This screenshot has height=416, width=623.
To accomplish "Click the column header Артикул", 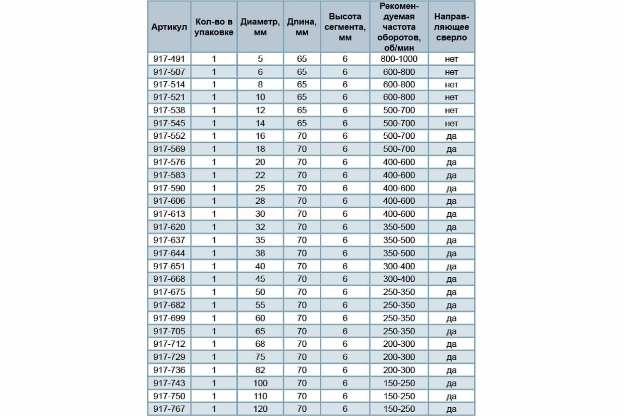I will [169, 27].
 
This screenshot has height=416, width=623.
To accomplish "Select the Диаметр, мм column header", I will [261, 27].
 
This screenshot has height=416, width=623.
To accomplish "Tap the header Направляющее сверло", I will [451, 27].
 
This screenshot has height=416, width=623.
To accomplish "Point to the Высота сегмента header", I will [345, 27].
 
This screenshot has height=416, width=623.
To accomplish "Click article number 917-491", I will [169, 59].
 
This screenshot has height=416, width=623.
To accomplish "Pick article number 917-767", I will [169, 409].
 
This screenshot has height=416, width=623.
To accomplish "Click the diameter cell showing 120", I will [261, 409].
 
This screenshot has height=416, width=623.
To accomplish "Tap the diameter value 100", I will [261, 383].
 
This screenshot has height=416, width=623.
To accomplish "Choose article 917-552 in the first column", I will [169, 136].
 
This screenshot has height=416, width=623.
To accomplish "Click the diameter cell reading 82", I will [261, 370].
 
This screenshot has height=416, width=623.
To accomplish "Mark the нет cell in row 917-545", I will [451, 124].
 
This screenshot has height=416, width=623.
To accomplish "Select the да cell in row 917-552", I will [451, 136].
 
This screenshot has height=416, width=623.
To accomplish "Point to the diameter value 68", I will [261, 344].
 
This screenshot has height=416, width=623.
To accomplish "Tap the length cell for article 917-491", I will [302, 59].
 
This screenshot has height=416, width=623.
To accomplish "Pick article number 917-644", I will [169, 253].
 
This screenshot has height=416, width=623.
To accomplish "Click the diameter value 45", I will [261, 279].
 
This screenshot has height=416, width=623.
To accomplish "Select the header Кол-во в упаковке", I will [214, 27].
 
